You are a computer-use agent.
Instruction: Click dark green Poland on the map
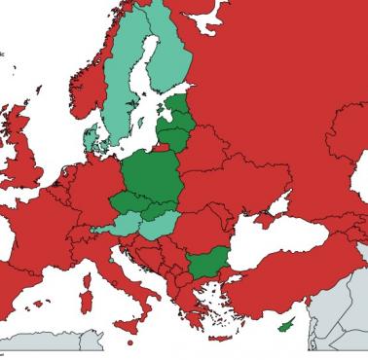pos(154,175)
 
